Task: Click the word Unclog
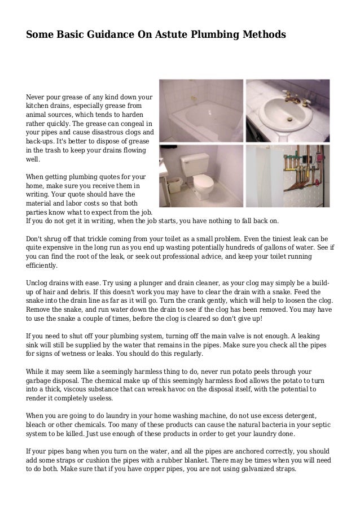pyautogui.click(x=38, y=282)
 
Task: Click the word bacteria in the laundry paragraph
pyautogui.click(x=279, y=424)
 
